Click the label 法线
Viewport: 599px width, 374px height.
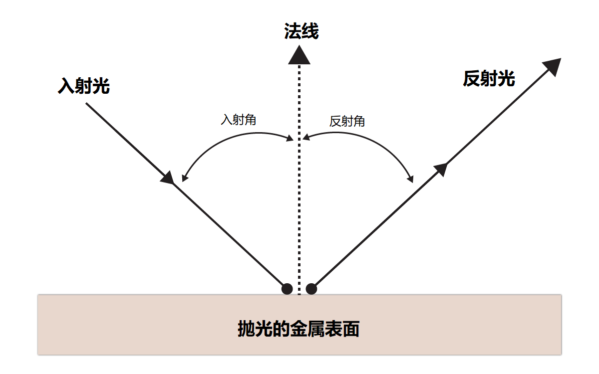301,32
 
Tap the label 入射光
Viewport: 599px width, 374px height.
84,86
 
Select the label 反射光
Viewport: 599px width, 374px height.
489,78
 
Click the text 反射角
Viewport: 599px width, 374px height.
347,121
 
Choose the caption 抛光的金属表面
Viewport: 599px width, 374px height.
299,329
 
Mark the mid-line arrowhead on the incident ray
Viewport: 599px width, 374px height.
168,178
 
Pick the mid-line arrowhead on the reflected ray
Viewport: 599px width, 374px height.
440,169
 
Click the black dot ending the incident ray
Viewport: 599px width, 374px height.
287,289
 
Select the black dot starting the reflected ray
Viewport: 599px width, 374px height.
311,289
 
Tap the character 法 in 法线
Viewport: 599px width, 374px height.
293,32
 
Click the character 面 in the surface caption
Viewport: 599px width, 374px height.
351,329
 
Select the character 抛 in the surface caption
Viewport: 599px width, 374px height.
247,329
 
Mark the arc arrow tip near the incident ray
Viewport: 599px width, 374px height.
184,179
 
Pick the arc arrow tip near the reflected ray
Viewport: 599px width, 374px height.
411,180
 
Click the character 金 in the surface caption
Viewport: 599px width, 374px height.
299,329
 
